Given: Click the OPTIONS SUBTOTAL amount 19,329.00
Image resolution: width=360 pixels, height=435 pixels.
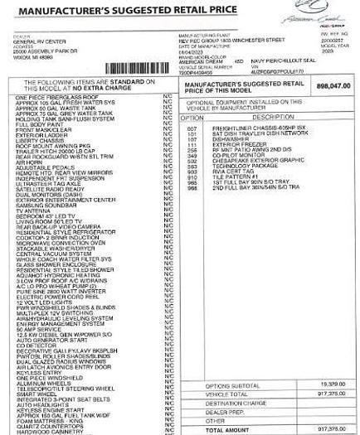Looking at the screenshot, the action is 331,385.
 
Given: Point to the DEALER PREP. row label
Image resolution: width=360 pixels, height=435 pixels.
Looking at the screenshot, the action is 223,412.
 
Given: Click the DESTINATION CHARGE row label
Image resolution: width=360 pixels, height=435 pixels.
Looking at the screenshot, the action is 234,403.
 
